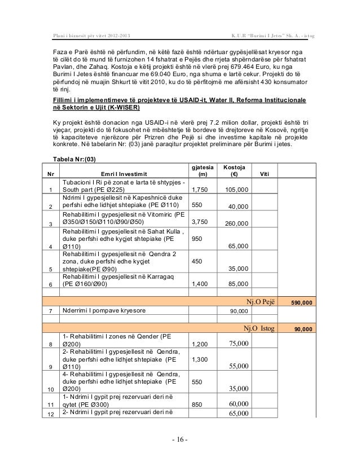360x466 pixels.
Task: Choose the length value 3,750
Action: coord(201,222)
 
